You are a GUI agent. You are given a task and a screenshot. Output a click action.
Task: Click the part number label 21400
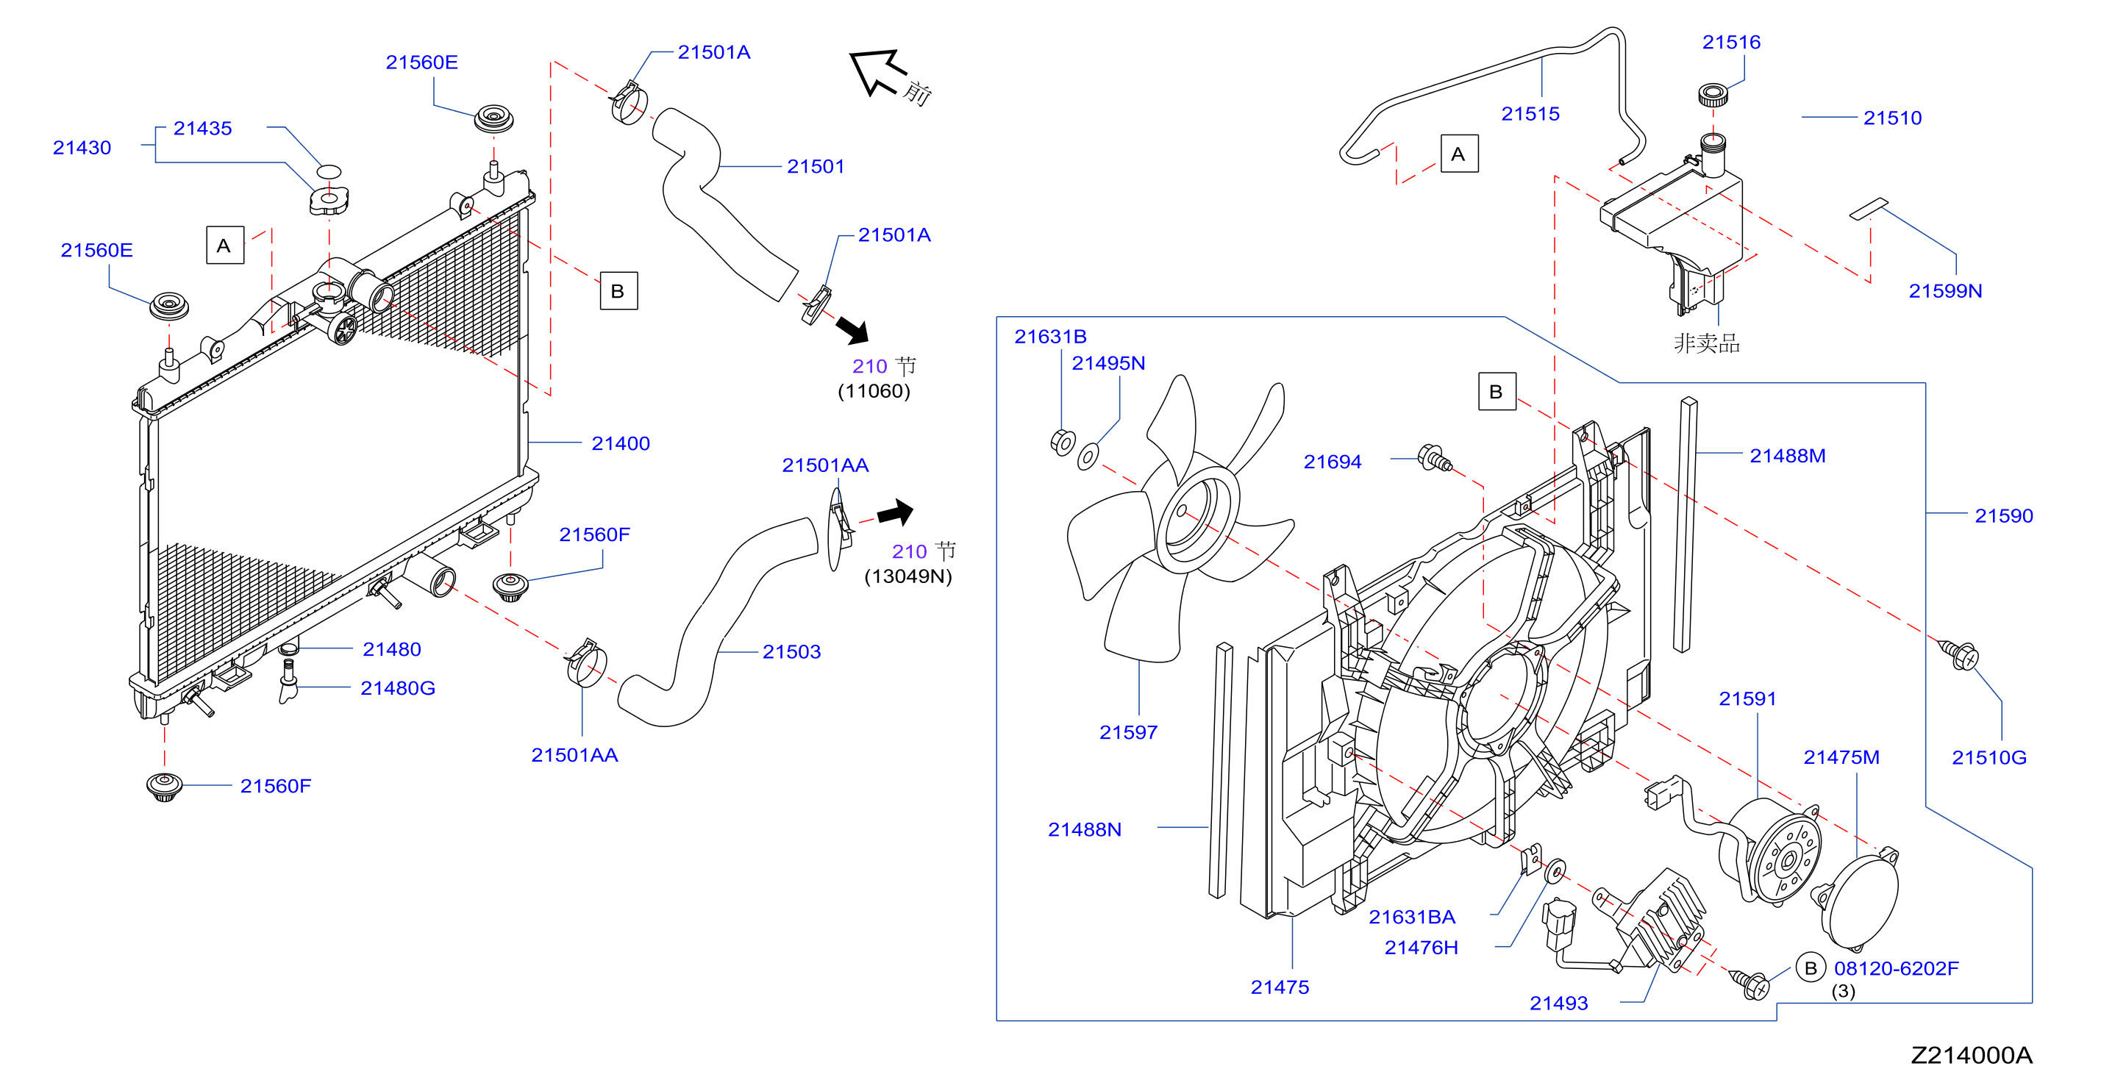pos(620,443)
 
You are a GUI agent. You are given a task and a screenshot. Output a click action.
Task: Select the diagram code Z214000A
pos(1972,1055)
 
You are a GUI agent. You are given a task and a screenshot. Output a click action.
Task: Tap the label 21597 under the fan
pos(1128,732)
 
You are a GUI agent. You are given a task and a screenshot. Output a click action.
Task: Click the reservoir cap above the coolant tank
pos(1713,94)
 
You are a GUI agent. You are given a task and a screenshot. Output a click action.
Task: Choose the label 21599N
pos(1945,290)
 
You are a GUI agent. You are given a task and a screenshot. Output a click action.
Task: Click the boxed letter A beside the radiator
pos(224,246)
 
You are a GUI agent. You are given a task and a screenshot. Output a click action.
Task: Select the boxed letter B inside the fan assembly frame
pos(1496,392)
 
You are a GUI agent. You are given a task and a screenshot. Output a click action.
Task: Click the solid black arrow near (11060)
pos(853,330)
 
